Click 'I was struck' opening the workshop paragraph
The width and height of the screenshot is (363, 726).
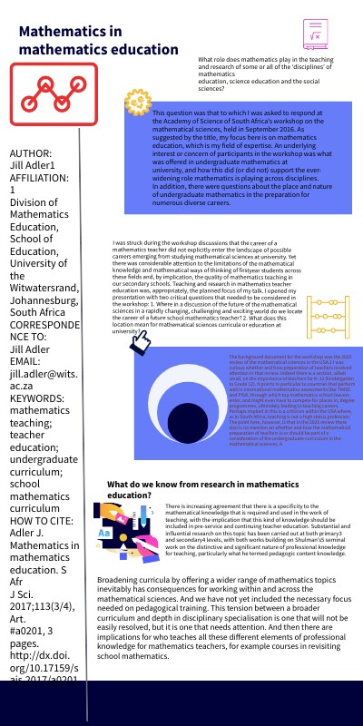tap(132, 245)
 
